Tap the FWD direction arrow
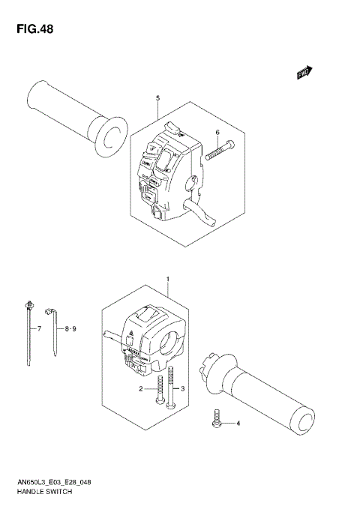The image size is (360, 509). coord(303,73)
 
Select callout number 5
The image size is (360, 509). coord(157,99)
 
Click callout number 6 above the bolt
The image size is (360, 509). coord(217,133)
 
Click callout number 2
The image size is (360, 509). coord(139,389)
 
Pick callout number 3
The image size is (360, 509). coord(182,389)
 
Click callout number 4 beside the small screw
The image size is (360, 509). coord(238,425)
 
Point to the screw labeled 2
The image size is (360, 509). coord(160,393)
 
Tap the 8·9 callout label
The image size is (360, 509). coord(72,329)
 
